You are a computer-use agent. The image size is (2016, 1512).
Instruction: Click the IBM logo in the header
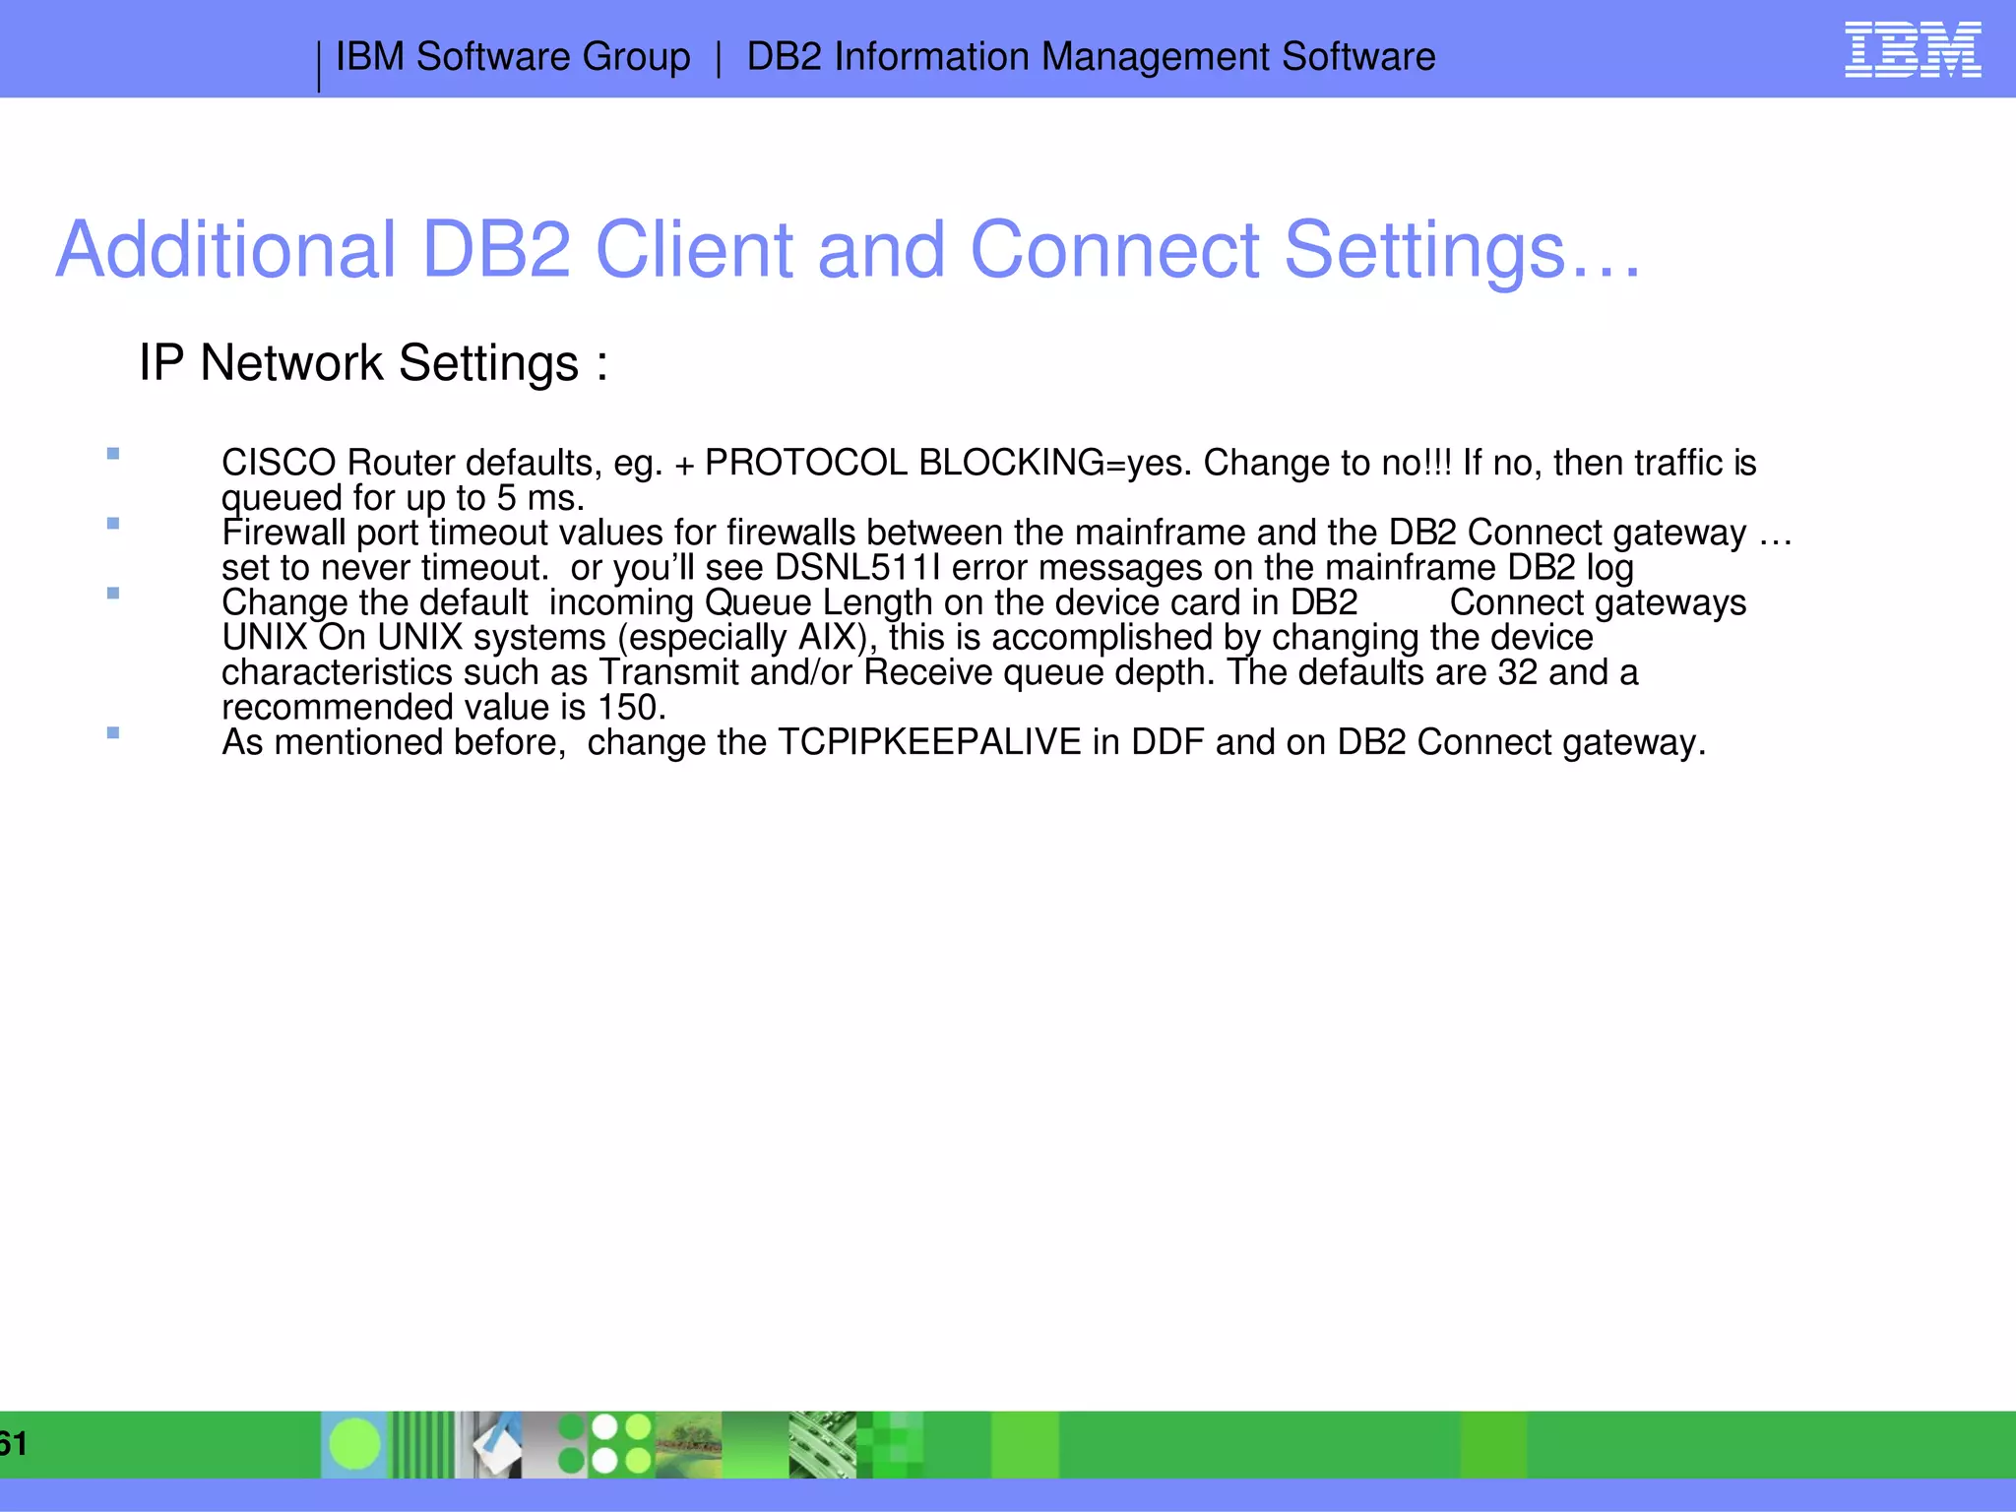click(1912, 49)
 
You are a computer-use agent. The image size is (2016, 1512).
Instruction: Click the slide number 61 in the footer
click(14, 1444)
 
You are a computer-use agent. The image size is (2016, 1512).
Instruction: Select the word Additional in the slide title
click(225, 250)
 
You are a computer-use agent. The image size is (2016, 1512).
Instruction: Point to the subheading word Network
click(291, 363)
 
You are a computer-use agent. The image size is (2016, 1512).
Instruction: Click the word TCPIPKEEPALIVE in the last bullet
click(929, 742)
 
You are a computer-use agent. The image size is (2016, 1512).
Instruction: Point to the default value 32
click(1517, 672)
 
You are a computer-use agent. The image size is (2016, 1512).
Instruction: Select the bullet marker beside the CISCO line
click(113, 454)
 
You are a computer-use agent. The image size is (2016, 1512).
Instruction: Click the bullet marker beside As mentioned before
click(113, 732)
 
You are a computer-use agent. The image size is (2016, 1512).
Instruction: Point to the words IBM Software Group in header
click(513, 57)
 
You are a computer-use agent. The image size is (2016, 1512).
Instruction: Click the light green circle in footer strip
click(354, 1444)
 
